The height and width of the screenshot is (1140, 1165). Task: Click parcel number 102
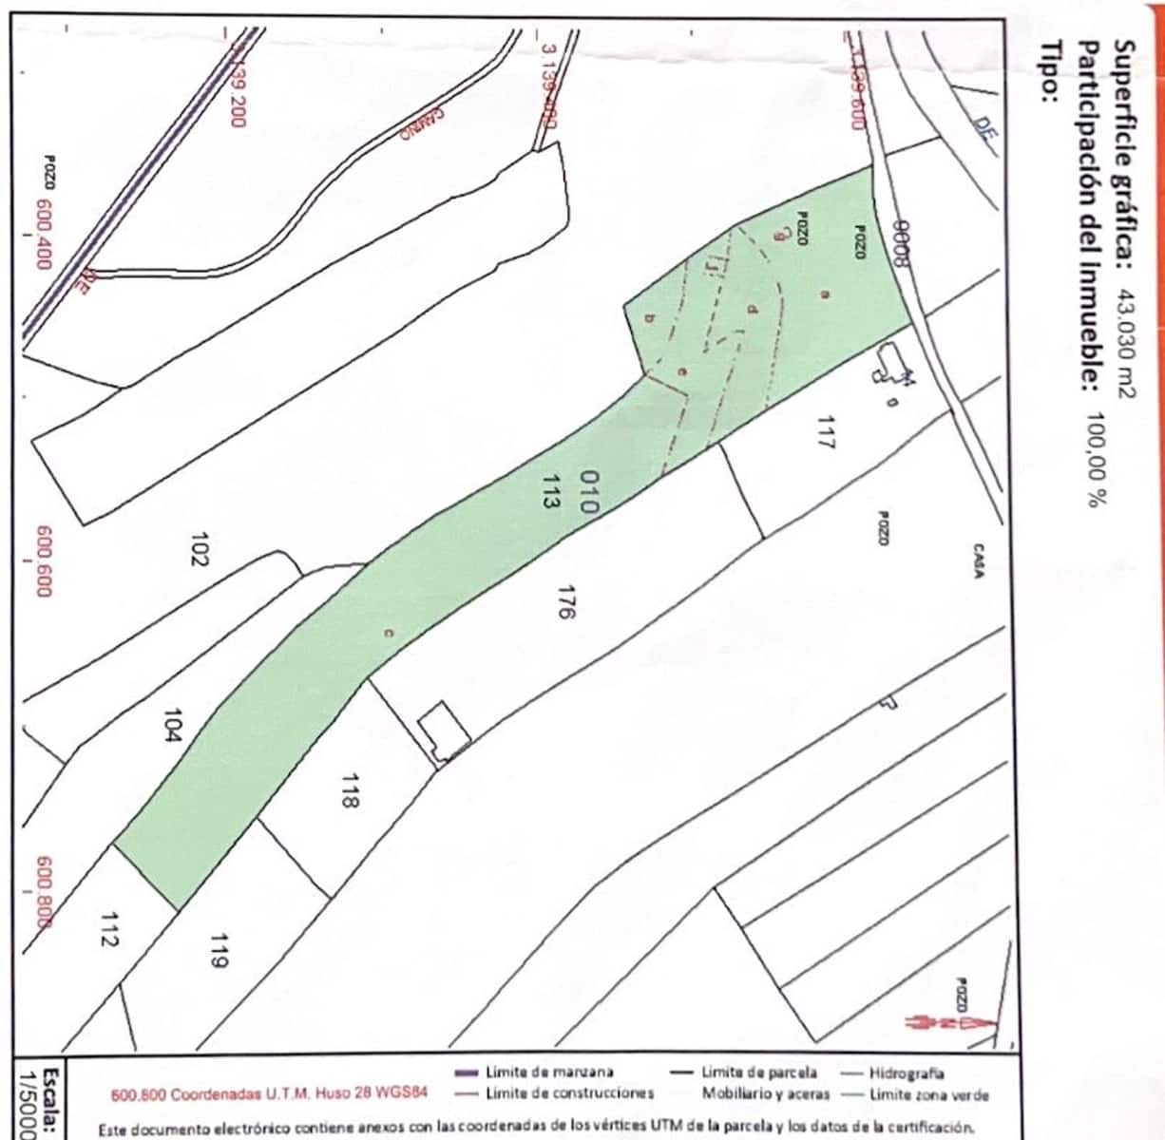pyautogui.click(x=199, y=548)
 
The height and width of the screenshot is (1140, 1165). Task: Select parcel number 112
pyautogui.click(x=108, y=929)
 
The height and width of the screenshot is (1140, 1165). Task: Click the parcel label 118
pyautogui.click(x=349, y=789)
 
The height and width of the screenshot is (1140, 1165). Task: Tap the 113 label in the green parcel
pyautogui.click(x=547, y=492)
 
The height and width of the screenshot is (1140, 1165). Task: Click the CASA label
pyautogui.click(x=977, y=560)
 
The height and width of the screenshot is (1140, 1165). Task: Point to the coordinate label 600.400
pyautogui.click(x=43, y=234)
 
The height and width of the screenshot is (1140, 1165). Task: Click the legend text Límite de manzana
pyautogui.click(x=548, y=1072)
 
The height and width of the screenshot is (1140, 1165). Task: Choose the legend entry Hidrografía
pyautogui.click(x=906, y=1073)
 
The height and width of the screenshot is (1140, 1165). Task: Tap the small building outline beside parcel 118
pyautogui.click(x=445, y=731)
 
